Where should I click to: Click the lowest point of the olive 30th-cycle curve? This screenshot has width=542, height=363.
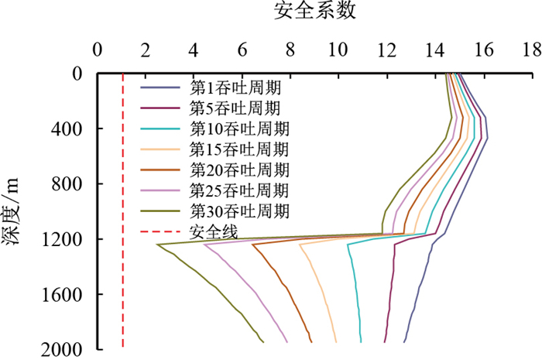point(157,245)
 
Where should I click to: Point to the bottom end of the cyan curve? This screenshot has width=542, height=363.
point(361,341)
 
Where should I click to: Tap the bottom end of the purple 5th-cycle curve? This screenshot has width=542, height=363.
point(385,341)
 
